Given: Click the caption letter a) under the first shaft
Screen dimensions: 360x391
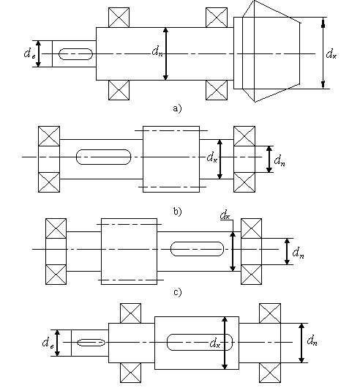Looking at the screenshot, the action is pos(177,108).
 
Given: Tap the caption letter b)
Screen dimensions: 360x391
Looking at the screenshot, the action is pos(177,212).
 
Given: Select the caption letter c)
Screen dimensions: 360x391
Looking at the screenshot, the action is pos(177,291).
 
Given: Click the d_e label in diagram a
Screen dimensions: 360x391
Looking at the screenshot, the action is pos(30,54).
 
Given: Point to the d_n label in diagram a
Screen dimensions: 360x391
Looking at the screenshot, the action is pos(157,52).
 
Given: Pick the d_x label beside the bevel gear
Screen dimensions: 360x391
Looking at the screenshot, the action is pos(331,54).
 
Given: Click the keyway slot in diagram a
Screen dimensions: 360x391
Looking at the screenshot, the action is pos(76,54).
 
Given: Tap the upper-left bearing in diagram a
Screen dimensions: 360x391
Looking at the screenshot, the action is pos(119,17).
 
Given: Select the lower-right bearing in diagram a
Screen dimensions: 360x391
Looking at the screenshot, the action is pos(217,90).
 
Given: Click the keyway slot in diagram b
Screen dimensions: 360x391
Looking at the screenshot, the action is pos(103,157).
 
